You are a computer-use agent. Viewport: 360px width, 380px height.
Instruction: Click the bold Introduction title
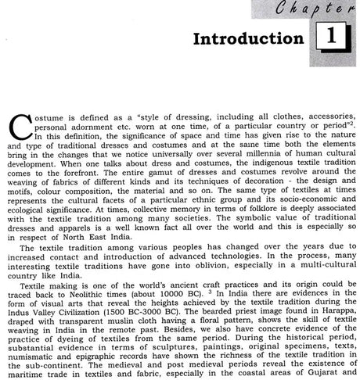238,39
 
